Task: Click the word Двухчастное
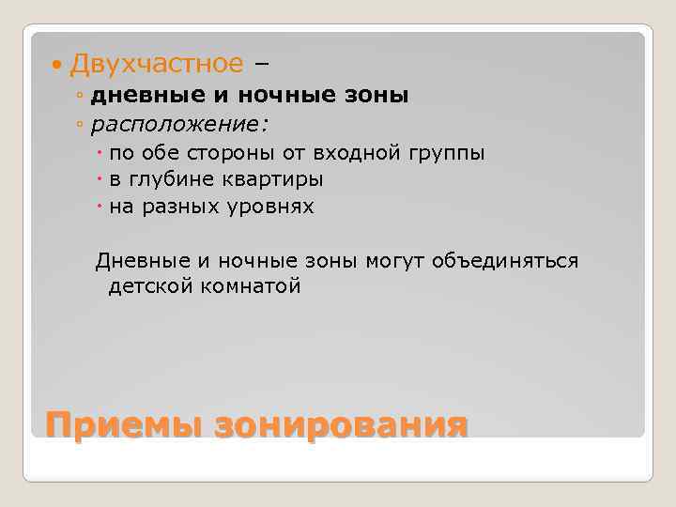tap(156, 64)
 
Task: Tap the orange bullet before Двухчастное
tap(59, 65)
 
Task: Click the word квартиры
tap(273, 179)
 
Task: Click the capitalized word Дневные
tap(142, 260)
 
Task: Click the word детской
tap(148, 286)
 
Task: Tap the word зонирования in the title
tap(341, 424)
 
